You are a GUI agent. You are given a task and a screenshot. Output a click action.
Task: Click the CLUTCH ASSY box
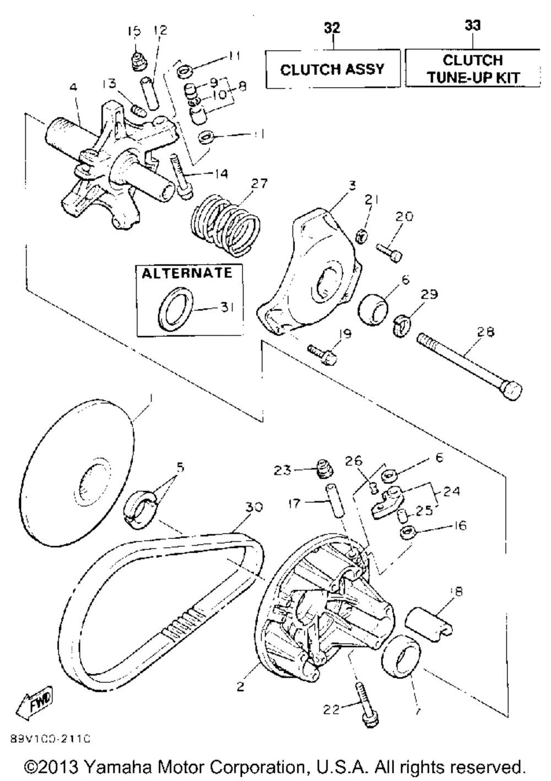coord(332,69)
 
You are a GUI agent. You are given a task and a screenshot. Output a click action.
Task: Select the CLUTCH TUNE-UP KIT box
coord(473,68)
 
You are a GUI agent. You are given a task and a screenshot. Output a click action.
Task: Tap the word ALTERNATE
coord(187,273)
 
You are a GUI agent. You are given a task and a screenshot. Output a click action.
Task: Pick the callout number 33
coord(472,25)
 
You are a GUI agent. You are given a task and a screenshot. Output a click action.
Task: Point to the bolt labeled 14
coord(180,176)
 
